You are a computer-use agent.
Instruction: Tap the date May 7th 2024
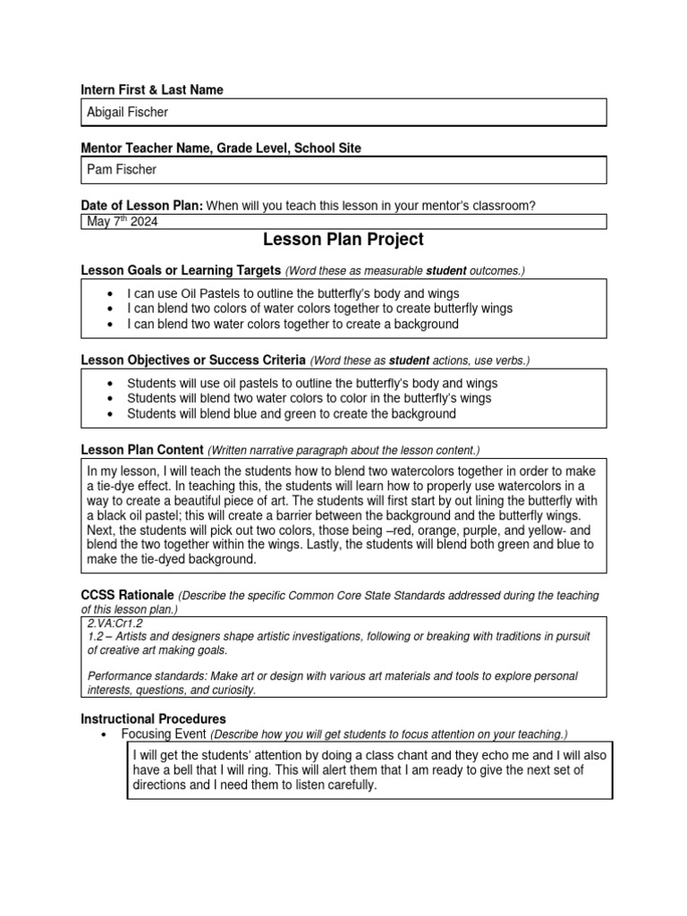pyautogui.click(x=123, y=222)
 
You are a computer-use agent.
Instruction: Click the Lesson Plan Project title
pyautogui.click(x=343, y=240)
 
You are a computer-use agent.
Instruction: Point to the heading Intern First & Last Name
pyautogui.click(x=152, y=89)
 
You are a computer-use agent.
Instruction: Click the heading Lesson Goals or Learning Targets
pyautogui.click(x=182, y=270)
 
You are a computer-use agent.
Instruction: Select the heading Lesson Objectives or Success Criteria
pyautogui.click(x=194, y=360)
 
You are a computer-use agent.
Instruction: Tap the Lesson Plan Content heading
pyautogui.click(x=142, y=449)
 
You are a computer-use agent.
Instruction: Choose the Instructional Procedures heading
pyautogui.click(x=153, y=719)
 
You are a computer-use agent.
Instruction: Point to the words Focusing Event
pyautogui.click(x=164, y=734)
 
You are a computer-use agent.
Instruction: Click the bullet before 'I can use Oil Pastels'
pyautogui.click(x=109, y=293)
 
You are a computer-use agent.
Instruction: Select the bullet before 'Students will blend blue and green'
pyautogui.click(x=109, y=414)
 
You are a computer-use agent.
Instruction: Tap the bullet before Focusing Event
pyautogui.click(x=103, y=734)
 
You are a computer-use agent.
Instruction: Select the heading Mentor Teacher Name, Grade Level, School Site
pyautogui.click(x=221, y=148)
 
